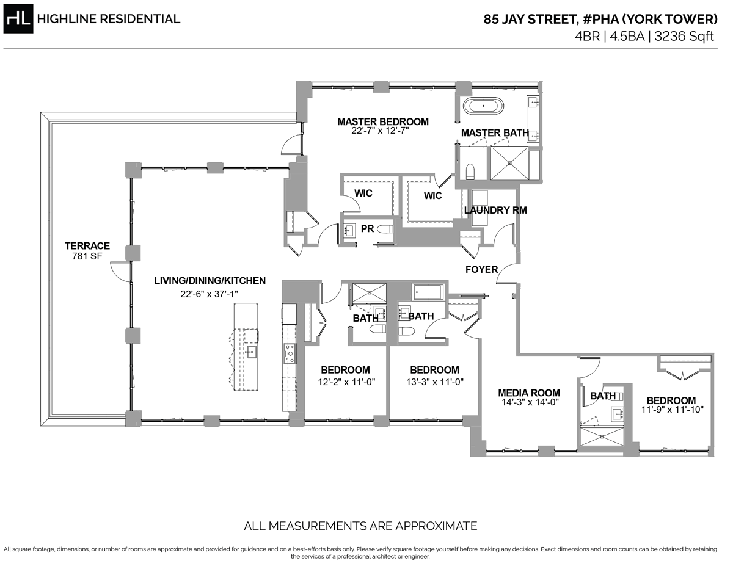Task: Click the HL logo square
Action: tap(19, 19)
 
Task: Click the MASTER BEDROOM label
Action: tap(383, 122)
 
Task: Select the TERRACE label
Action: tap(87, 246)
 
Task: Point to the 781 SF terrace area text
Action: tap(87, 256)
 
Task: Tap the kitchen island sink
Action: tap(251, 351)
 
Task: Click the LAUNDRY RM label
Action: tap(495, 211)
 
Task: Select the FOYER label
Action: tap(481, 269)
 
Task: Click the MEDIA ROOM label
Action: tap(529, 393)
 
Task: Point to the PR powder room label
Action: tap(367, 228)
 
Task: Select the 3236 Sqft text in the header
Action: tap(684, 36)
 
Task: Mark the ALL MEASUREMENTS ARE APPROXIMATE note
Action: tap(360, 526)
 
